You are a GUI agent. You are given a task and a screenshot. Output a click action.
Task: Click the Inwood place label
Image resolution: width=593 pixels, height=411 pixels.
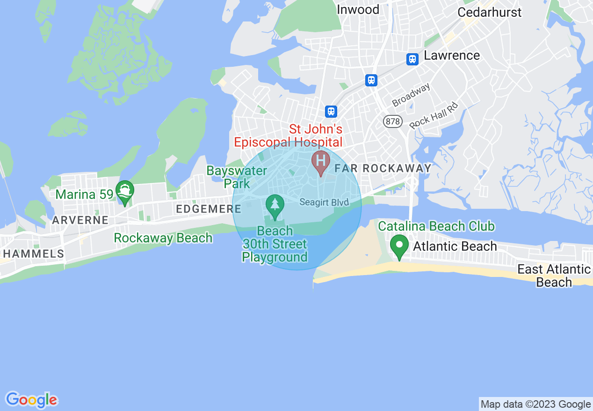[358, 9]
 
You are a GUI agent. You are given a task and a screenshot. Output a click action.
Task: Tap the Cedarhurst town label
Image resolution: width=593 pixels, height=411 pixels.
[489, 12]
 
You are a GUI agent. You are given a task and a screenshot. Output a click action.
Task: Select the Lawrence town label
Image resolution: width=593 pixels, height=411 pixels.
[452, 56]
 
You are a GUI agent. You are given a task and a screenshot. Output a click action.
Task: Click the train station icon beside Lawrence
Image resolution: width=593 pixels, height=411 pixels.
[412, 59]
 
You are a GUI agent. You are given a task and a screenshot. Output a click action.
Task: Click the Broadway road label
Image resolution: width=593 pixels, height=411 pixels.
[411, 95]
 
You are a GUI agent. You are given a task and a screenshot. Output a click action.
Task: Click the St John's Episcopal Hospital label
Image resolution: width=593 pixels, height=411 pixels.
[289, 135]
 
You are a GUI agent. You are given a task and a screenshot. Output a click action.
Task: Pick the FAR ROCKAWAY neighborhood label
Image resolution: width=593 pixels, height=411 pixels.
[383, 169]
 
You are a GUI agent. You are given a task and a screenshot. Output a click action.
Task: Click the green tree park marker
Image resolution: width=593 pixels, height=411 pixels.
[275, 205]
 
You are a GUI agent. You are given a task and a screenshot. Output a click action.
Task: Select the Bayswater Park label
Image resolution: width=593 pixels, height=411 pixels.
[237, 177]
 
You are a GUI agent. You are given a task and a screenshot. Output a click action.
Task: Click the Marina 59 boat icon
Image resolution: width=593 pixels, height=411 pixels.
[125, 191]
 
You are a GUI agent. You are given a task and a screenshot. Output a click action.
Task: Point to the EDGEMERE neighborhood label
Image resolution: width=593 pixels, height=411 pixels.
[208, 209]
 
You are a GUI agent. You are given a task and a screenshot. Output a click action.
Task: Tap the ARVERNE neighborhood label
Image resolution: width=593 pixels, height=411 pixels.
[80, 220]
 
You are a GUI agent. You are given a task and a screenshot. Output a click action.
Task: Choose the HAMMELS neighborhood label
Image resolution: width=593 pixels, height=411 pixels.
[33, 254]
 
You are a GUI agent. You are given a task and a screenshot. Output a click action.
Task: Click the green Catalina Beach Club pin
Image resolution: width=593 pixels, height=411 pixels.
[399, 246]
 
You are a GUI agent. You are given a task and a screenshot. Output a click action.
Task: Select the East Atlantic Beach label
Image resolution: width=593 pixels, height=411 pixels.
[554, 276]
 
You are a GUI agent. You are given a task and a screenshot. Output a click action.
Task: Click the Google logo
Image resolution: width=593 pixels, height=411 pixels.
[32, 400]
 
